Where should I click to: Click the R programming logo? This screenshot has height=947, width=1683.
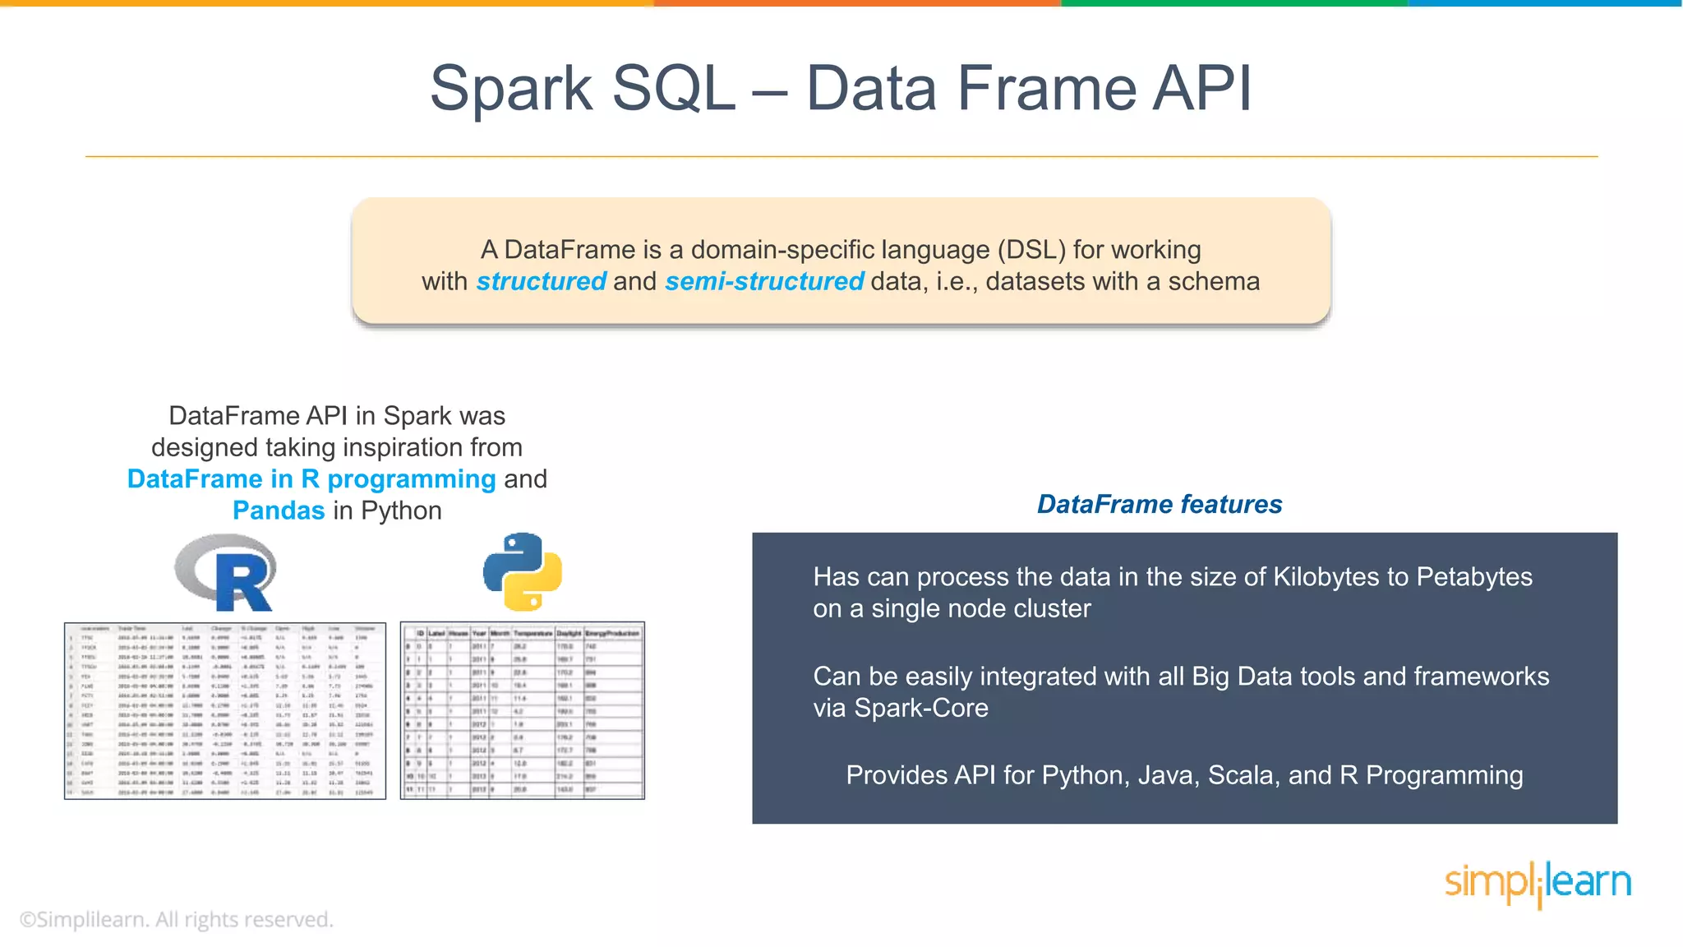click(x=226, y=572)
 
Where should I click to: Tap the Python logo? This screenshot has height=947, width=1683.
click(x=523, y=572)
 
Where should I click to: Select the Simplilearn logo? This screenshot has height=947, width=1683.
click(x=1538, y=884)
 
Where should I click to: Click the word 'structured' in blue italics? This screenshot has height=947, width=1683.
click(x=542, y=281)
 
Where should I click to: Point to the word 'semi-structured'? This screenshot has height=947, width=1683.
click(x=764, y=281)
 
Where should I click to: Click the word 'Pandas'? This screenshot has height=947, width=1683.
click(x=279, y=510)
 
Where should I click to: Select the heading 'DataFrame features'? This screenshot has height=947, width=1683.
click(x=1160, y=504)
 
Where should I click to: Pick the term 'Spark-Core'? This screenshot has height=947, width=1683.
click(x=921, y=708)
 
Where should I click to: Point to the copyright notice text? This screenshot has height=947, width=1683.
click(x=177, y=919)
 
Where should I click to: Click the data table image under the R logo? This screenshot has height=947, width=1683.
click(x=225, y=711)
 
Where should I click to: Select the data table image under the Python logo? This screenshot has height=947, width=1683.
click(x=523, y=711)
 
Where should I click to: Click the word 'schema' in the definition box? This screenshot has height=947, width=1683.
click(x=1214, y=281)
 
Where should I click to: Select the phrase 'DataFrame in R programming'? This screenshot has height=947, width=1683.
click(x=311, y=479)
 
